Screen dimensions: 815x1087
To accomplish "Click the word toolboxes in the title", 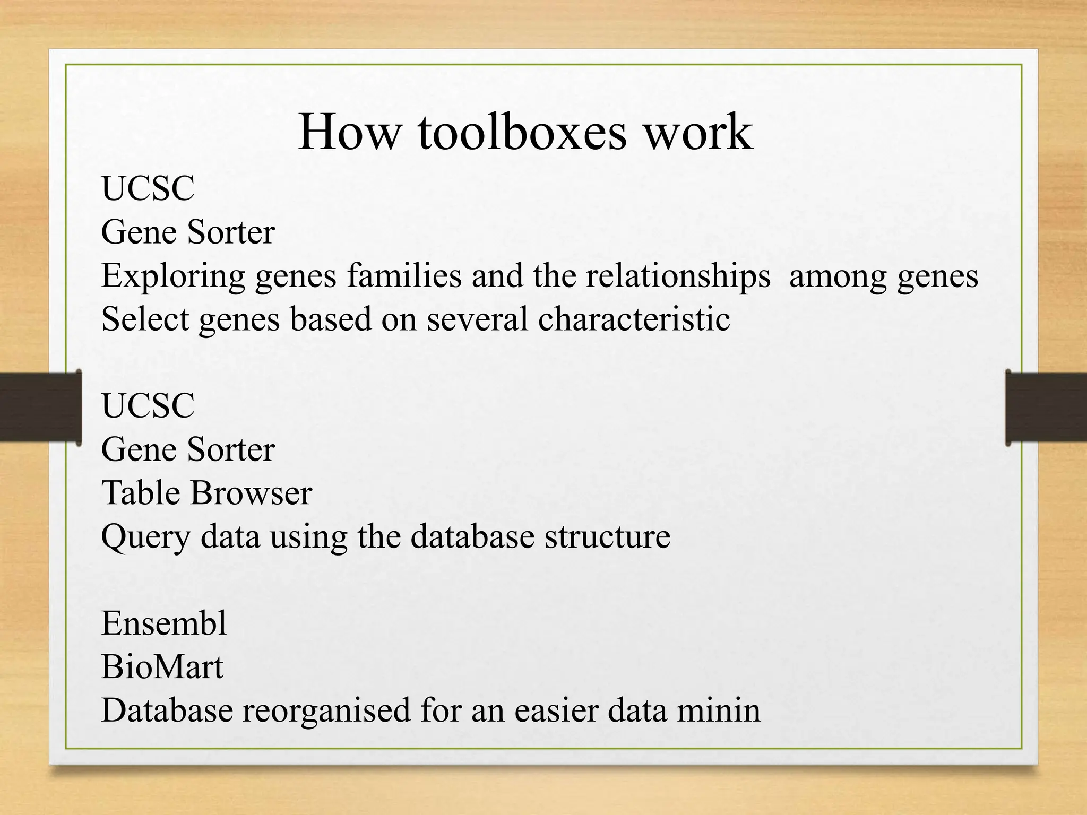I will (x=522, y=133).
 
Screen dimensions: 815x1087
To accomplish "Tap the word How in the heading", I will (x=348, y=133).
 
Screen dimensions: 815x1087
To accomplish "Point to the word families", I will (x=404, y=276).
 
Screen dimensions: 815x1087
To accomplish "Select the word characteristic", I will (x=634, y=319).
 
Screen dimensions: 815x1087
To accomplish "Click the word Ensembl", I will (x=164, y=623).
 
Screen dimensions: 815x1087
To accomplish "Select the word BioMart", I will (x=162, y=667).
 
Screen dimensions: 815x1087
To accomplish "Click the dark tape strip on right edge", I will (x=1046, y=407).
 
